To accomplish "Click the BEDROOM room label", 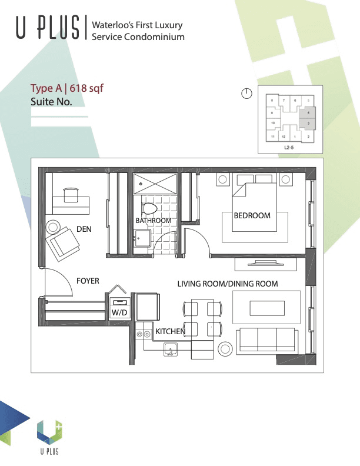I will (252, 215).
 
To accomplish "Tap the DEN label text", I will (84, 229).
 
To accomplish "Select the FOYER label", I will (88, 281).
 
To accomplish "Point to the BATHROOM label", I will (153, 221).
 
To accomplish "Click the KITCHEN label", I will (170, 332).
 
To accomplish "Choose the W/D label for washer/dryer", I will (119, 312).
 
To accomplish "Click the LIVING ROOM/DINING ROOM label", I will (227, 284).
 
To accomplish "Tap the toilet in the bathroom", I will (149, 208).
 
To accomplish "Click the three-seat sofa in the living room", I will (266, 340).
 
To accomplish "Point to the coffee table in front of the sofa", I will (265, 308).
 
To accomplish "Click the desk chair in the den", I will (71, 192).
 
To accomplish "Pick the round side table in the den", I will (54, 226).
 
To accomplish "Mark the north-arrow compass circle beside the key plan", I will (246, 93).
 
